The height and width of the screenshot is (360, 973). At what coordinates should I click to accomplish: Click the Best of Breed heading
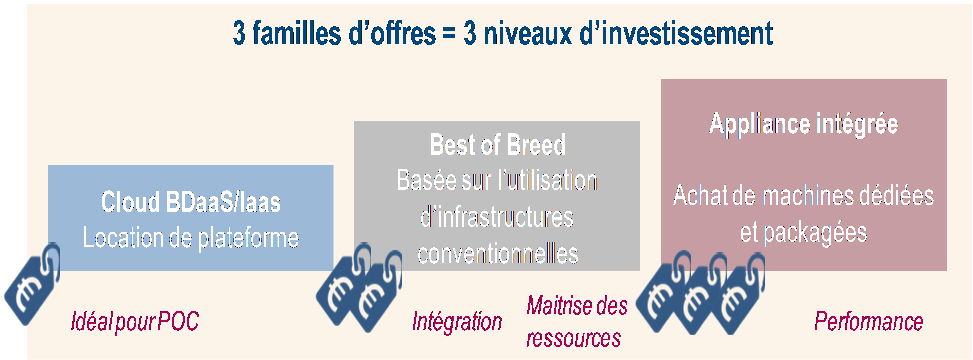tap(498, 145)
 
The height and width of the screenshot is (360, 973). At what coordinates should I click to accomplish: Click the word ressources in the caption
tap(573, 337)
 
